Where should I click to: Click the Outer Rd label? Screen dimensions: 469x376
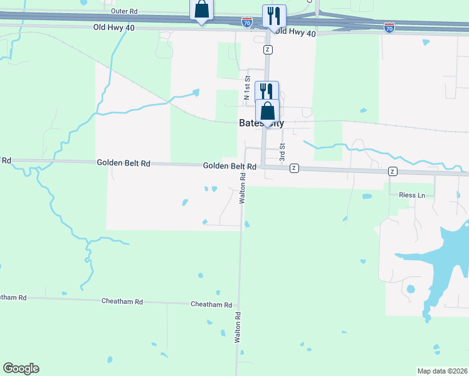124,11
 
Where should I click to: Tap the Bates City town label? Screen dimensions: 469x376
261,123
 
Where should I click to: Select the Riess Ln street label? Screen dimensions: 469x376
411,196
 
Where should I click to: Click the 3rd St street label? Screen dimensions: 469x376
282,154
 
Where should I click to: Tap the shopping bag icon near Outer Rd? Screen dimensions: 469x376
201,10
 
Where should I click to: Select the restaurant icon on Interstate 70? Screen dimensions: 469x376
274,15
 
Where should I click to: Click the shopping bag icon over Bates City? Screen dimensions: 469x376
267,111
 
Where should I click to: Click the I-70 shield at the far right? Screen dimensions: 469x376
389,28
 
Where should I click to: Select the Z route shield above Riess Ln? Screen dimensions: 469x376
393,171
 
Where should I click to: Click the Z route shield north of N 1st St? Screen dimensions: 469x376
268,50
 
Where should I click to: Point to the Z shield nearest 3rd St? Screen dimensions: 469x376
294,168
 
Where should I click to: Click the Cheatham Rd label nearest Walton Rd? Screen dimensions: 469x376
211,304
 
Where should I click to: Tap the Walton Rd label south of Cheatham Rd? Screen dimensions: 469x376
238,327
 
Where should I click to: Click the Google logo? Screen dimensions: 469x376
21,368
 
